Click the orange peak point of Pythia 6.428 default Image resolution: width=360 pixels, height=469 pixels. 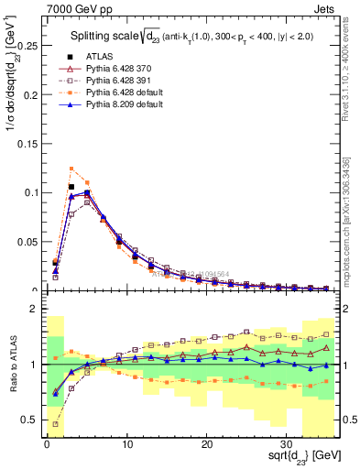coord(71,169)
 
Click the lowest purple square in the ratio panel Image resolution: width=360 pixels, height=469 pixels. coord(56,424)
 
